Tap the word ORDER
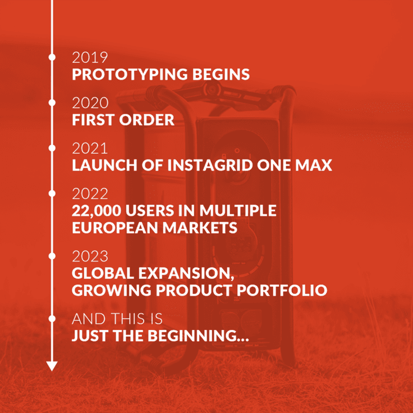point(148,120)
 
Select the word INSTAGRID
point(211,166)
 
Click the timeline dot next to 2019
point(52,57)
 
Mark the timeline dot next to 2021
point(52,148)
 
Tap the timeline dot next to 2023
point(52,256)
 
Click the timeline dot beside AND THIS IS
point(52,319)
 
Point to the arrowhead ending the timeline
point(52,366)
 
